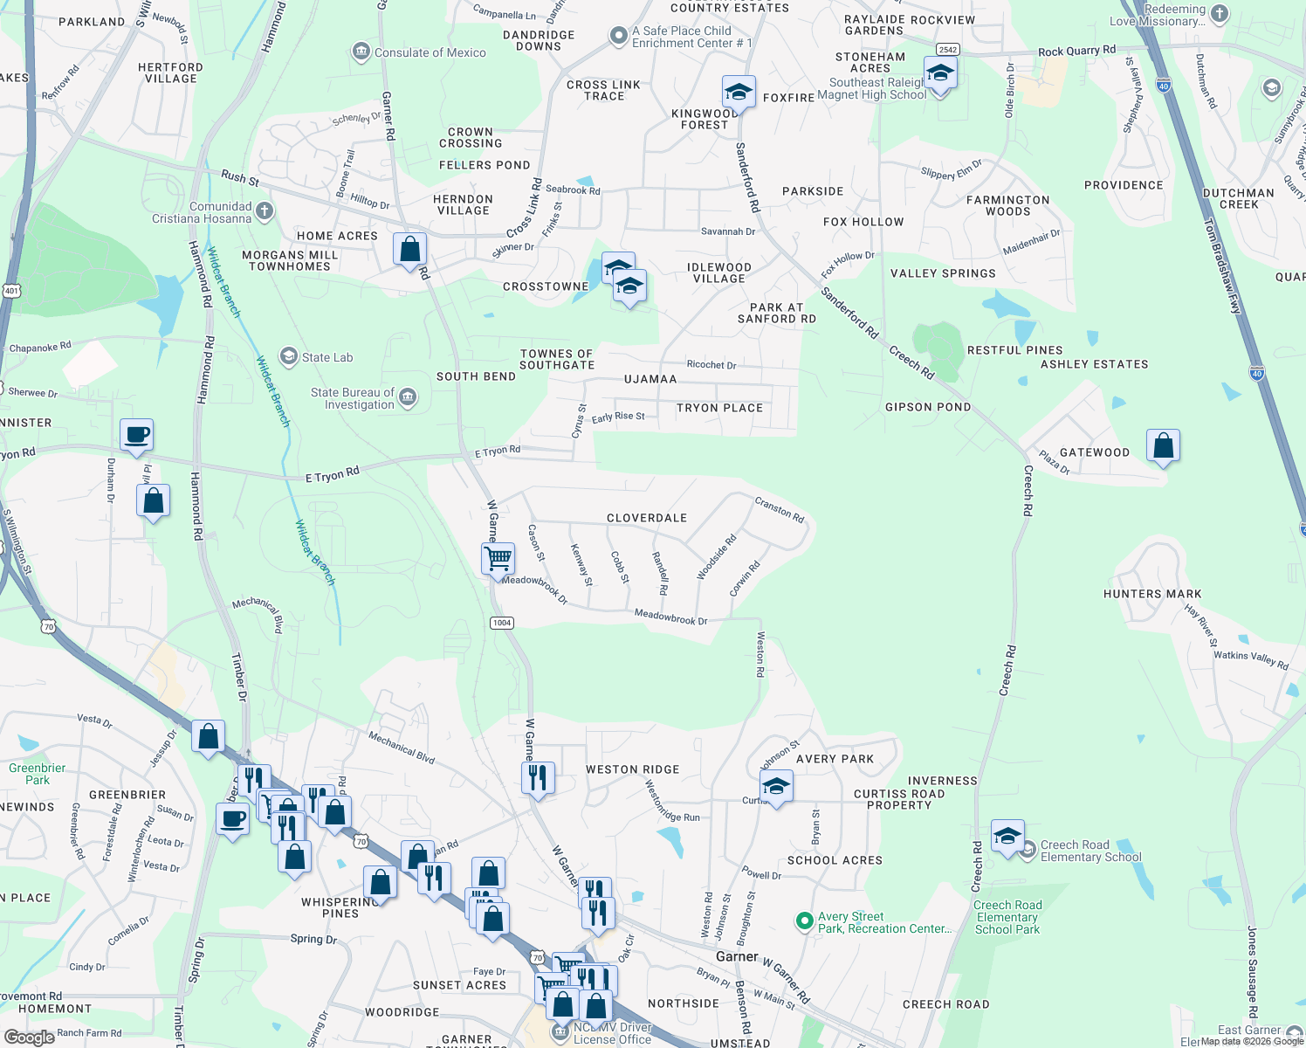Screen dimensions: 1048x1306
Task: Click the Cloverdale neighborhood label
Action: coord(646,518)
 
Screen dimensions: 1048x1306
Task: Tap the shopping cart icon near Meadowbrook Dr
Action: coord(498,558)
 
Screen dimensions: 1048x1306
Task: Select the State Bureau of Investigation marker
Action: coord(408,398)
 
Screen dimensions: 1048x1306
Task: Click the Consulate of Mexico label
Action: coord(430,52)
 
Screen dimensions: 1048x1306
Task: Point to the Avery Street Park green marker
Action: coord(804,921)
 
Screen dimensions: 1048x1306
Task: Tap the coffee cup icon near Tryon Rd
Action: coord(137,434)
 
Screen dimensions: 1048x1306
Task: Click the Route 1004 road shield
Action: coord(502,623)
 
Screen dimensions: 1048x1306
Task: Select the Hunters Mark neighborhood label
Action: coord(1152,594)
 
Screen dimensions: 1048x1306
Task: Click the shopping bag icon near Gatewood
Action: coord(1163,445)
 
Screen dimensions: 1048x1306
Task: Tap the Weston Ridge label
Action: coord(632,769)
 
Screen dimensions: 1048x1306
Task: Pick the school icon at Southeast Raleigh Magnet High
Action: coord(939,73)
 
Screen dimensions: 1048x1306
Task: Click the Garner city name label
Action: coord(737,956)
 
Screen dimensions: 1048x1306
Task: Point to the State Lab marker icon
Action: coord(288,356)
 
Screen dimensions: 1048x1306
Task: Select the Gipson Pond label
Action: coord(928,407)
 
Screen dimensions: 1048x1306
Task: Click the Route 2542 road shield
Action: coord(947,50)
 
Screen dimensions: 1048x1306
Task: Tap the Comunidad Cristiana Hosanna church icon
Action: coord(265,210)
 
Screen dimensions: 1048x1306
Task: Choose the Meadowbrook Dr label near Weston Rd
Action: coord(670,617)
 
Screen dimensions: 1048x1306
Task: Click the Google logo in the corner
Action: coord(29,1037)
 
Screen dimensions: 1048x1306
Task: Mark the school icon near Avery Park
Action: coord(776,786)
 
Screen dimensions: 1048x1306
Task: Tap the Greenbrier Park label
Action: coord(37,774)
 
